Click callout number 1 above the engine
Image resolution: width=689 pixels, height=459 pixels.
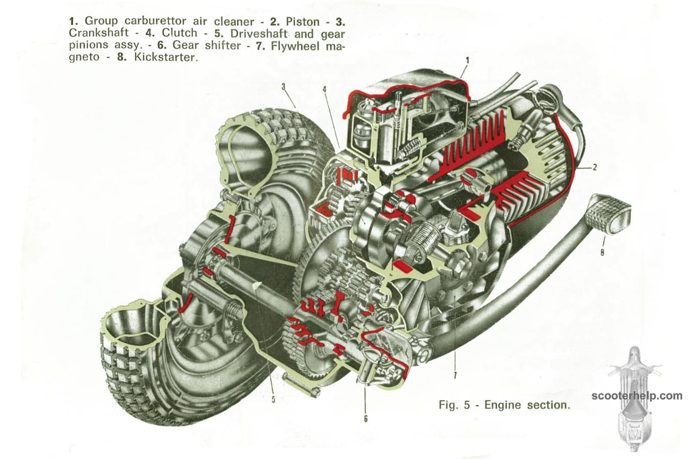[467, 61]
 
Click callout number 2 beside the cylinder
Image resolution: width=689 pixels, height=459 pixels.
[595, 167]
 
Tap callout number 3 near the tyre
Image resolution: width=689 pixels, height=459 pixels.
[283, 87]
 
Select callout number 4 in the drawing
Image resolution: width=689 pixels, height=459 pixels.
[325, 89]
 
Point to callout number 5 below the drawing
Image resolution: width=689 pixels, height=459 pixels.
[273, 399]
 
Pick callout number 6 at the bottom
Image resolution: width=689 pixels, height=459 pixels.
[365, 419]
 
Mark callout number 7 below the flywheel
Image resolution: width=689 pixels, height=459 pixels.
[455, 376]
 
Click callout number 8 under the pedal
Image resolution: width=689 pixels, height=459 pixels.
[602, 251]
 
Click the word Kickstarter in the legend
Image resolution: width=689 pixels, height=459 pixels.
[165, 58]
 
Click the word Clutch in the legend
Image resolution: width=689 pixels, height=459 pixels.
[179, 34]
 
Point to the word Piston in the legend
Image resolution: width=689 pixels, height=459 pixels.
[303, 21]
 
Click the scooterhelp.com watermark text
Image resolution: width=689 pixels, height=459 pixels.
[637, 395]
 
